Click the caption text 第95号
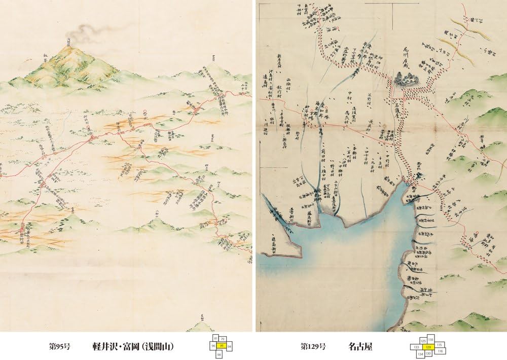pos(59,347)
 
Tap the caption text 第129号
pos(313,347)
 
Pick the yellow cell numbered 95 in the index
pos(222,345)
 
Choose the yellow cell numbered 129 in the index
pos(428,347)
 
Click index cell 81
pos(215,338)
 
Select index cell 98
pos(219,354)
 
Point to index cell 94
pos(229,346)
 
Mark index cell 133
pos(416,347)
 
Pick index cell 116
pos(440,351)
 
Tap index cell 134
pos(420,353)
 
